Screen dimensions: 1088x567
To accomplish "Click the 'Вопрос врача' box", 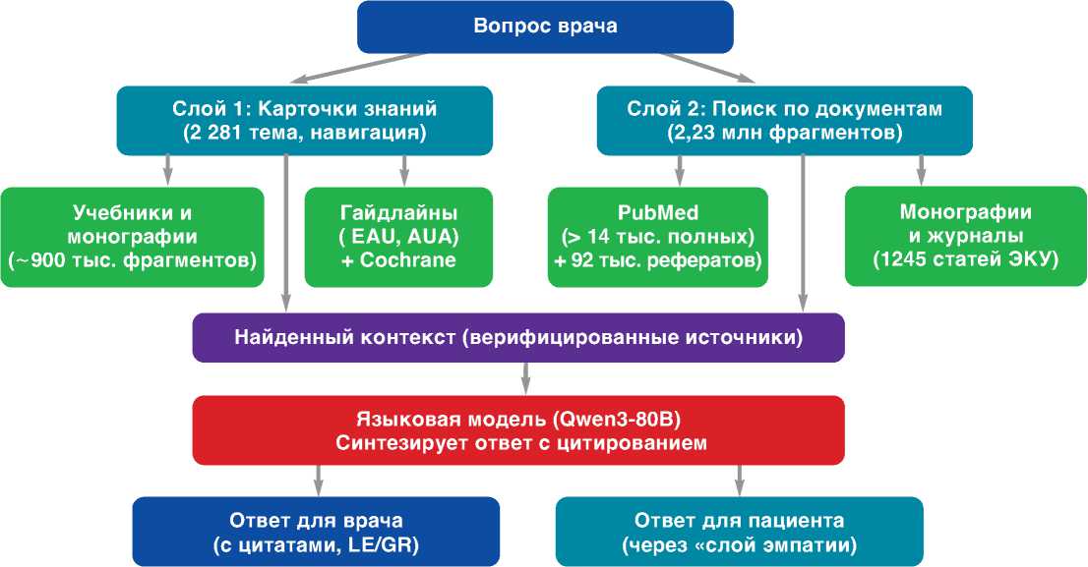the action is coord(545,27).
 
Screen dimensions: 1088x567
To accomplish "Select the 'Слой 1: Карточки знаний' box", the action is coord(305,120).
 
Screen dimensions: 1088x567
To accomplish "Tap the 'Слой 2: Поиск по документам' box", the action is coord(785,120).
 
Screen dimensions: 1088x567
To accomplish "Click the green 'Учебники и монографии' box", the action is coord(133,237).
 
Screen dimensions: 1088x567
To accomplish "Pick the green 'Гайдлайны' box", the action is coord(399,237).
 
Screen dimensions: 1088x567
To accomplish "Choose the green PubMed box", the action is coord(658,237).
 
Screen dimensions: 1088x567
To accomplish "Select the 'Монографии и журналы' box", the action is coord(966,236).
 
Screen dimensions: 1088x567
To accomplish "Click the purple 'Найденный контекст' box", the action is coord(518,338).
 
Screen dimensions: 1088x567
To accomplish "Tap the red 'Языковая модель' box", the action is coord(518,430).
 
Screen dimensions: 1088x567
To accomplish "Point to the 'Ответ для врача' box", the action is coord(316,532).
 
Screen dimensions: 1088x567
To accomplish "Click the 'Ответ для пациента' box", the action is coord(739,532).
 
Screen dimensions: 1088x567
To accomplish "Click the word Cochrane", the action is coord(408,260).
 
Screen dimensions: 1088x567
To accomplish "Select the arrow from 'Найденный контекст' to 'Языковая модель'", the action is coord(526,378).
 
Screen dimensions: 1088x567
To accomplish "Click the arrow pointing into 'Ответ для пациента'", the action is coord(740,481).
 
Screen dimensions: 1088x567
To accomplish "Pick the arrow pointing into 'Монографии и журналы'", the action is coord(922,171).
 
